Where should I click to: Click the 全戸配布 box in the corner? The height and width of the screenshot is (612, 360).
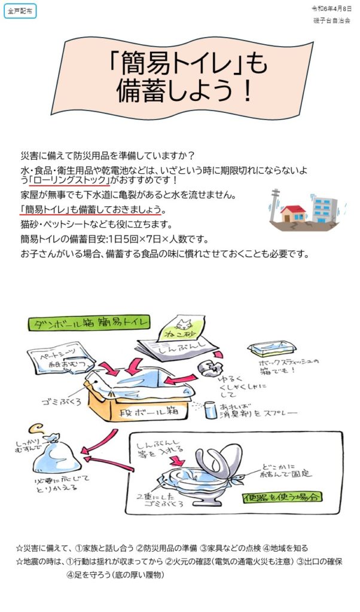tap(20, 11)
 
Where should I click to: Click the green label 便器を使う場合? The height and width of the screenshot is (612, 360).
tap(283, 497)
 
